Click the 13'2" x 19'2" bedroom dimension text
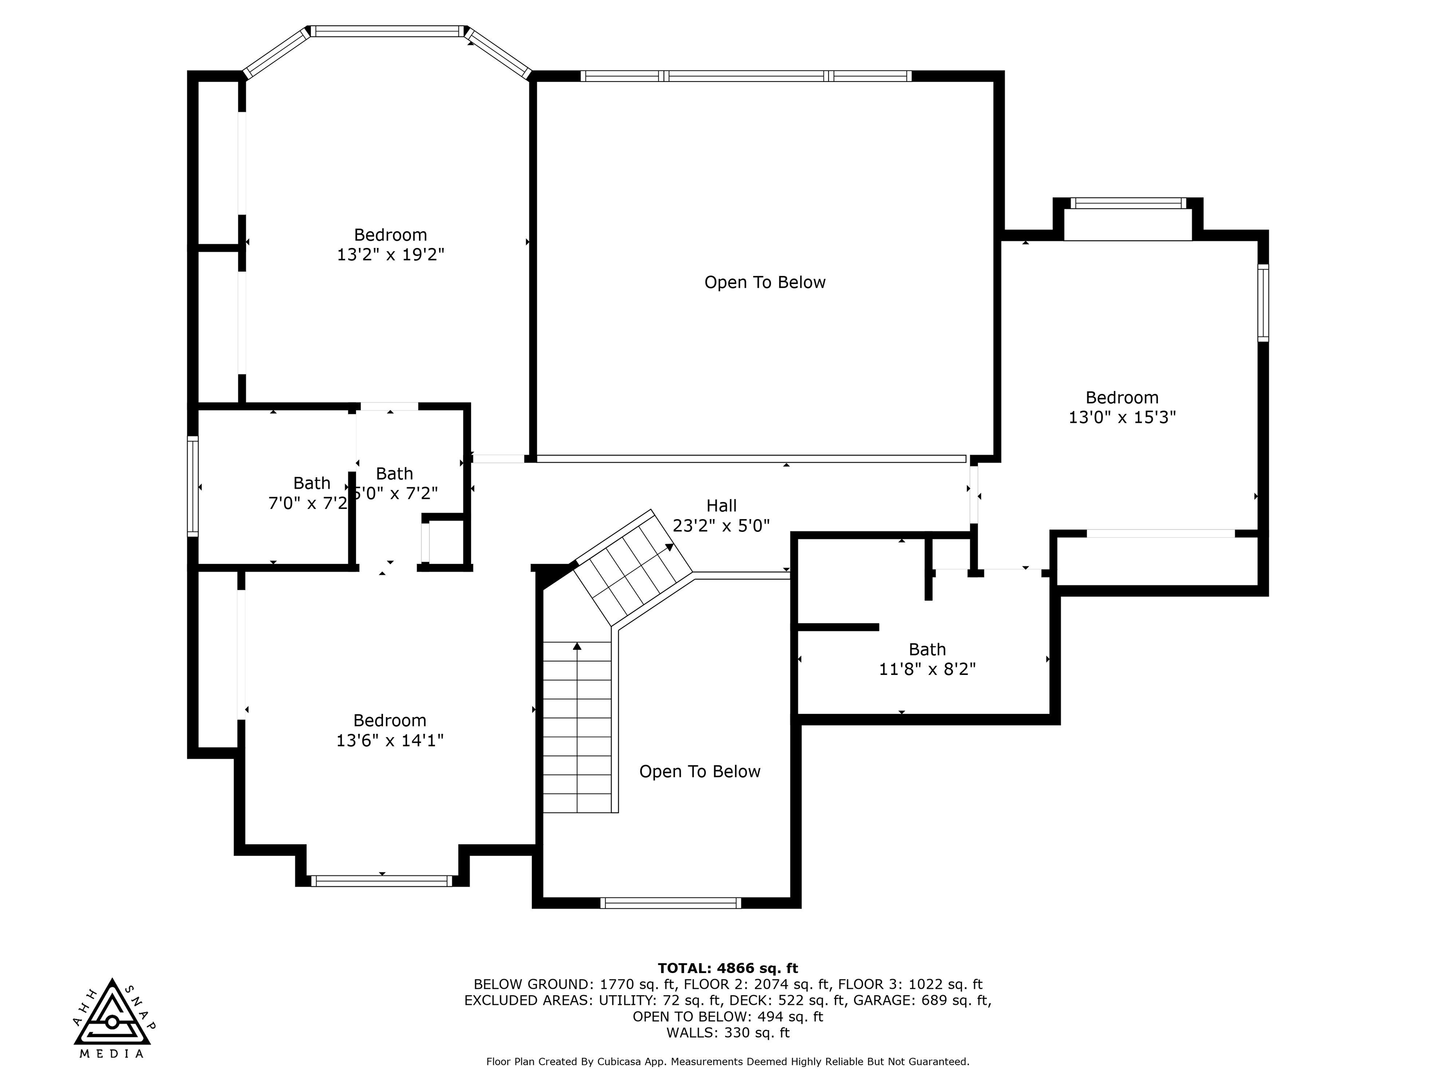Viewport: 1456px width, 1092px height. tap(391, 255)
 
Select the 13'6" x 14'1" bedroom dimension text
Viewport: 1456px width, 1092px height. tap(390, 740)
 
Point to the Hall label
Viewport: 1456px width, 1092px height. tap(721, 506)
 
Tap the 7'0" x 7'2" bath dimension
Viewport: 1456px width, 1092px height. tap(308, 503)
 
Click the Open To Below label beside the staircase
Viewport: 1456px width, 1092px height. tap(700, 772)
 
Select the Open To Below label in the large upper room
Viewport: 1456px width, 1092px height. tap(765, 282)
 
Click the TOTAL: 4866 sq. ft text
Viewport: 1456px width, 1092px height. tap(728, 968)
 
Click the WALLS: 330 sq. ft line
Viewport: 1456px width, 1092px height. tap(728, 1033)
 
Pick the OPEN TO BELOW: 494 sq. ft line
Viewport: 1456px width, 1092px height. tap(728, 1017)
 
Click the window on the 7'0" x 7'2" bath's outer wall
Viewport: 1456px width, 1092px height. tap(193, 486)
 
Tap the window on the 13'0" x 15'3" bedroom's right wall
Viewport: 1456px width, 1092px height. tap(1263, 303)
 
